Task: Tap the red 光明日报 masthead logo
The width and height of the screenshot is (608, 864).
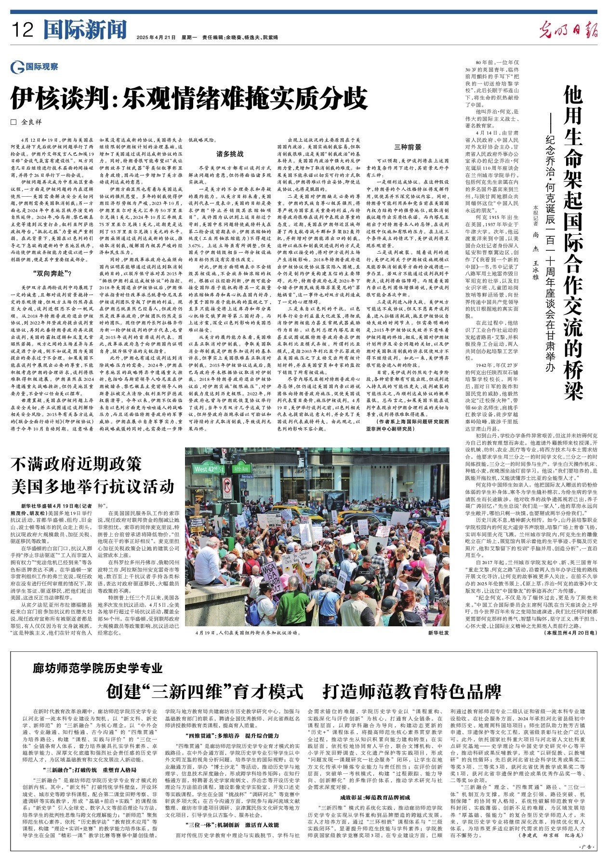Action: click(x=568, y=30)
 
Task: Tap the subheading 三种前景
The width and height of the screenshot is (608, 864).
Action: click(x=408, y=147)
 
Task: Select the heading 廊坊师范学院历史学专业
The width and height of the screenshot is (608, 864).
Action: click(x=98, y=668)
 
